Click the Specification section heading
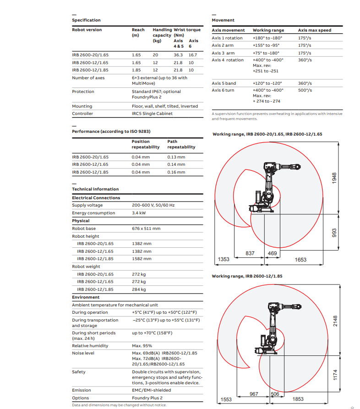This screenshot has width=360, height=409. coord(86,20)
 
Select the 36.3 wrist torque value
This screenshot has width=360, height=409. coord(178,55)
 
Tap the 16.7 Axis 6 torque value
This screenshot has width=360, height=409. coord(193,55)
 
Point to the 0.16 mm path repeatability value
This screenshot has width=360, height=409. coord(176,172)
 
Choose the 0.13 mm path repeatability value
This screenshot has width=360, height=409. coord(176,157)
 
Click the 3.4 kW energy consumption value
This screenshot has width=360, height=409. coord(139,213)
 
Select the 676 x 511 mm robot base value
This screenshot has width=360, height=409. coord(146,229)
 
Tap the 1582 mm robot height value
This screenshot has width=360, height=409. coord(142,259)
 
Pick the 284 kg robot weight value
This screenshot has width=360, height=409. coord(139,289)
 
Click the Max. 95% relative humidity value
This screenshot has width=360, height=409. coord(142,346)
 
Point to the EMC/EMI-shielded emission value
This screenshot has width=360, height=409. coord(151,390)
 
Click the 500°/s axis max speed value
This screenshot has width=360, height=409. coord(305,90)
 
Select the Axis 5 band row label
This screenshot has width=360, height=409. coord(224,83)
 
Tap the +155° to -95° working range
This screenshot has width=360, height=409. coord(266,45)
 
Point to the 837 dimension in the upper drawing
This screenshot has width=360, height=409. coord(250,253)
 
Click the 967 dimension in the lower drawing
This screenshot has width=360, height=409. coord(254,394)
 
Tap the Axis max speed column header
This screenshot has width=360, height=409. coord(315,30)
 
